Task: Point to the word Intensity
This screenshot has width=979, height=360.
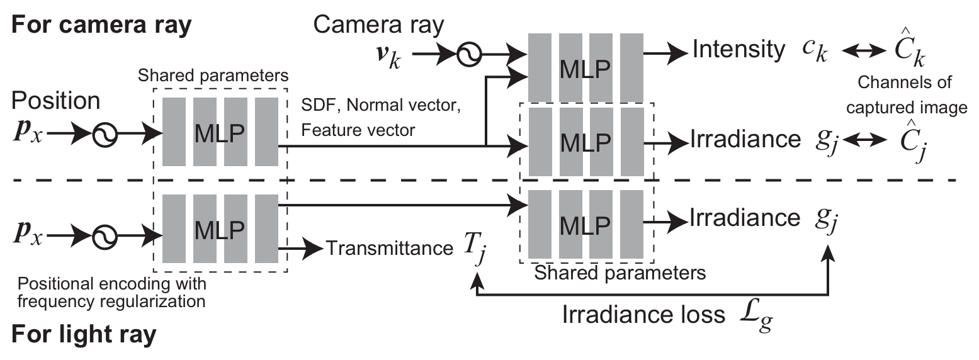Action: coord(738,49)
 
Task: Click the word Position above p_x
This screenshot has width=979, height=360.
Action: coord(55,101)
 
